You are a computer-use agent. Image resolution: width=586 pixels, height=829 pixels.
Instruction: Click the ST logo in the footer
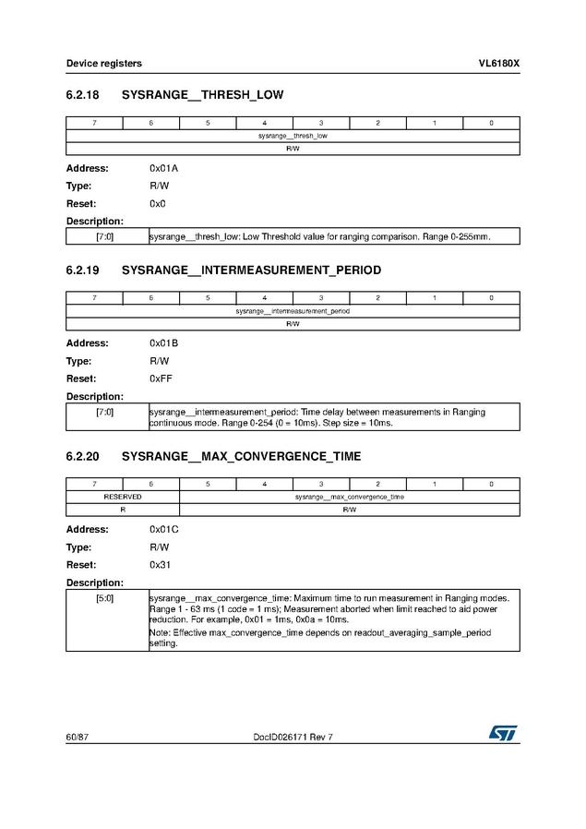(x=504, y=732)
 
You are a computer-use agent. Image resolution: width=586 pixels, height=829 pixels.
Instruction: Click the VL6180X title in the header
(x=498, y=63)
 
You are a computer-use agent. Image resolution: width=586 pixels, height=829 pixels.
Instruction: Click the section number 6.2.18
(x=82, y=95)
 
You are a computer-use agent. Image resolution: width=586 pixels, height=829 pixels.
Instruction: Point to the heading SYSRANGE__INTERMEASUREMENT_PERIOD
(x=251, y=270)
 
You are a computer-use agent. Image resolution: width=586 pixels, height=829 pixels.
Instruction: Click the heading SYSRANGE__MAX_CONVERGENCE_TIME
(x=241, y=456)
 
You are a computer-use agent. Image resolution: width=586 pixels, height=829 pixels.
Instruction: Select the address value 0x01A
(x=163, y=168)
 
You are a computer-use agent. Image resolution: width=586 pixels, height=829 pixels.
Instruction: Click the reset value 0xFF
(x=161, y=378)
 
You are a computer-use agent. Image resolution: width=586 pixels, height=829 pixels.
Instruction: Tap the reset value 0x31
(x=160, y=565)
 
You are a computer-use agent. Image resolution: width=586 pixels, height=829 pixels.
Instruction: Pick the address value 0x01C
(x=163, y=530)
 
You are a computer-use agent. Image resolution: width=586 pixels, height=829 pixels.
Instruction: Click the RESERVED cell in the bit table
(x=123, y=497)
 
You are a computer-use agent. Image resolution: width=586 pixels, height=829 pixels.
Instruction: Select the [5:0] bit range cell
(x=105, y=598)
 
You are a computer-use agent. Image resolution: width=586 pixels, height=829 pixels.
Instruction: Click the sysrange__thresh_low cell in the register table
(x=293, y=136)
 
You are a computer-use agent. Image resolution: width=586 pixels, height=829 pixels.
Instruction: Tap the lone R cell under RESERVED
(x=123, y=509)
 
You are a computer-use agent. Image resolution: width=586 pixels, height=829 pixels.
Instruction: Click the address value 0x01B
(x=163, y=343)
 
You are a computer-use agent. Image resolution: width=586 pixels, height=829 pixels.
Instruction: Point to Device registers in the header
(x=103, y=63)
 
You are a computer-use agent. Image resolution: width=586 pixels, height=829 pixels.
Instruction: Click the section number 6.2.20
(x=82, y=456)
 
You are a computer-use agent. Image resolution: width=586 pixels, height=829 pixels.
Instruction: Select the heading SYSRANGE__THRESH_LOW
(x=202, y=95)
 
